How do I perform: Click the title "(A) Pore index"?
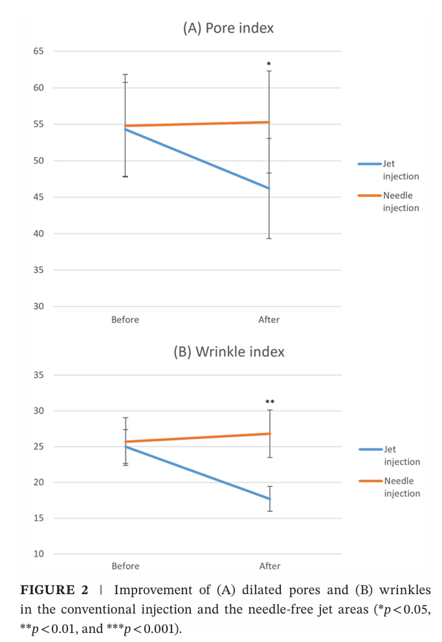click(228, 28)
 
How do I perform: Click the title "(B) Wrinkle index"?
click(229, 352)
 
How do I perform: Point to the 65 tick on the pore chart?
click(39, 51)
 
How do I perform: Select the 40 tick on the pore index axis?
click(39, 233)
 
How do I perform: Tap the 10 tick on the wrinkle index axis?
click(39, 554)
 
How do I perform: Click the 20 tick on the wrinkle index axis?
click(39, 482)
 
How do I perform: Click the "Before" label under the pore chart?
click(125, 320)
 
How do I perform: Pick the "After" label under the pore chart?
click(269, 320)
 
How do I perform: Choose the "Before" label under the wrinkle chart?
click(125, 566)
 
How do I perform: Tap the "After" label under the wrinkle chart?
click(270, 566)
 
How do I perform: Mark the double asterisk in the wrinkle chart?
click(270, 402)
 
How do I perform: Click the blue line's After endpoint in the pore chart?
click(269, 188)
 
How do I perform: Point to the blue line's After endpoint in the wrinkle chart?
click(270, 499)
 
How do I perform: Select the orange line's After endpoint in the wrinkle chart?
click(270, 434)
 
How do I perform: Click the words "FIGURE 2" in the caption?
click(54, 590)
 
